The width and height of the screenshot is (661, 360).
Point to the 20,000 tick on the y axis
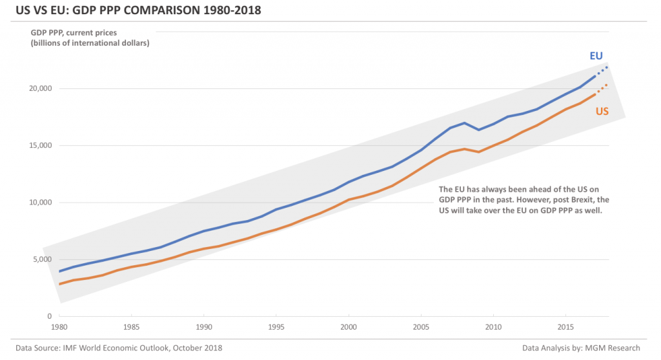pos(40,88)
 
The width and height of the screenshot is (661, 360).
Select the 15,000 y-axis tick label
pos(40,145)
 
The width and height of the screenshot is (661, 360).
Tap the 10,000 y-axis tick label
pos(40,203)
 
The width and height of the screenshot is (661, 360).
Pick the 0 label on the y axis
pos(49,316)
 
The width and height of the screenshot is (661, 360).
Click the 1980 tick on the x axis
pos(59,327)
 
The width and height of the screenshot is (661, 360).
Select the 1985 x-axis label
pos(132,327)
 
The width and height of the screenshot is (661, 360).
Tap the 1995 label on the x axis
pos(276,327)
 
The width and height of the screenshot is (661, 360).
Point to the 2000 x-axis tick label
pos(349,327)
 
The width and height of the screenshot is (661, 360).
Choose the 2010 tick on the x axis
pos(493,327)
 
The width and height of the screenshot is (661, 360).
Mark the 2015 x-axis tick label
pos(565,327)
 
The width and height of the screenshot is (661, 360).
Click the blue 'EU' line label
pos(596,56)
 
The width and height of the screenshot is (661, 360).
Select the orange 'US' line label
pos(602,112)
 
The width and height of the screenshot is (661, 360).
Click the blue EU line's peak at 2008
pos(464,123)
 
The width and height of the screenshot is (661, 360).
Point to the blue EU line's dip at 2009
pos(478,130)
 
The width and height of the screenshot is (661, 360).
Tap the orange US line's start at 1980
pos(60,284)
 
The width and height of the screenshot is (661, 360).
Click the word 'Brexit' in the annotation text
pos(570,200)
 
